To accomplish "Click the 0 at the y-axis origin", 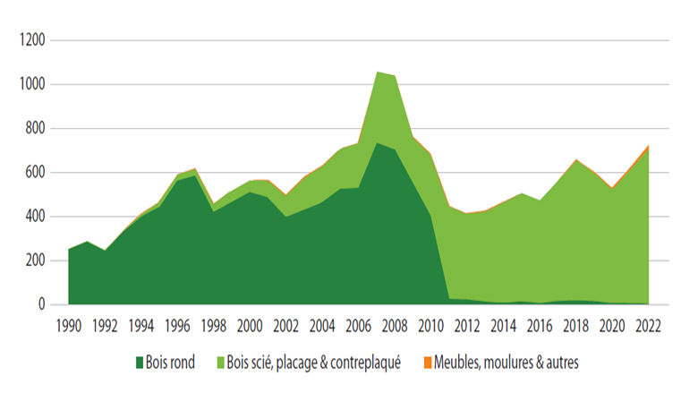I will point(40,304).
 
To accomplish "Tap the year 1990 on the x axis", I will point(69,325).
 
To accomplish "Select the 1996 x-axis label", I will point(177,325).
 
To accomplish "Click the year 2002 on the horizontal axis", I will point(285,325).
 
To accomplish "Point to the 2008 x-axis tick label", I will point(394,325).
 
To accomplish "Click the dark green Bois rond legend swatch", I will point(140,362).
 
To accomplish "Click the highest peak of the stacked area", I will point(376,73).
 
